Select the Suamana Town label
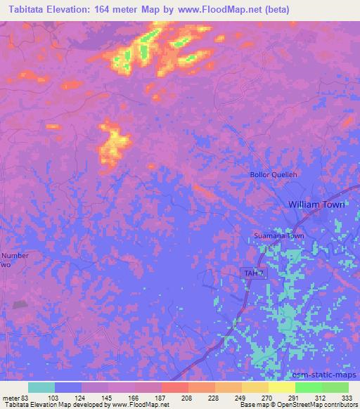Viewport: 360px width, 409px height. (x=279, y=237)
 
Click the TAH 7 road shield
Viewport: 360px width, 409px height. (x=253, y=272)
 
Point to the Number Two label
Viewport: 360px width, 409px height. (x=14, y=260)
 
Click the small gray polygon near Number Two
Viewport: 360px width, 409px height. (x=20, y=305)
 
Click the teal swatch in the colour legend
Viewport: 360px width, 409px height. (x=41, y=387)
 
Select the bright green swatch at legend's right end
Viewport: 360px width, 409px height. (x=335, y=387)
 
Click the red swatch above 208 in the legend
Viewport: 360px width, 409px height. (x=175, y=387)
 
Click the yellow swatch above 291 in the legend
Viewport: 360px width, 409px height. (x=282, y=387)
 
